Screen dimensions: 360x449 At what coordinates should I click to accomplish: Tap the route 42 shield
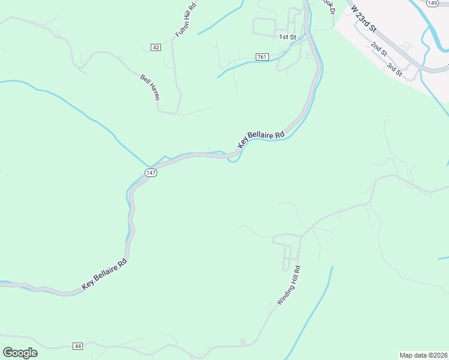tap(156, 47)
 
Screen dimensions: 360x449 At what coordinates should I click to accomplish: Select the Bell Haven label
tap(150, 86)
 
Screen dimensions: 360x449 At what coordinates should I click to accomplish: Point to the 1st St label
tap(288, 37)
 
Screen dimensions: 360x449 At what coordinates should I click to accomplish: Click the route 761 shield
tap(261, 57)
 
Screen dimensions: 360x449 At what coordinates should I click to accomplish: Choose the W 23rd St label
tap(364, 19)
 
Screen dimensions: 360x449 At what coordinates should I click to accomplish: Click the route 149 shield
tap(432, 3)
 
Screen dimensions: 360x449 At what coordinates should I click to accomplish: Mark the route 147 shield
tap(150, 172)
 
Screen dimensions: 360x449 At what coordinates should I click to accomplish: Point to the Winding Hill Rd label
tap(288, 286)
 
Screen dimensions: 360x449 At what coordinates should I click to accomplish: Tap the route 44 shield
tap(77, 346)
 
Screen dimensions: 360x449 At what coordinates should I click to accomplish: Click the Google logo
tap(20, 353)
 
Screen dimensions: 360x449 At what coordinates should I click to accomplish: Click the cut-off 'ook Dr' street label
tap(328, 4)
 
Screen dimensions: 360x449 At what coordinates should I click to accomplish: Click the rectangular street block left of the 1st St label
tap(264, 26)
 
